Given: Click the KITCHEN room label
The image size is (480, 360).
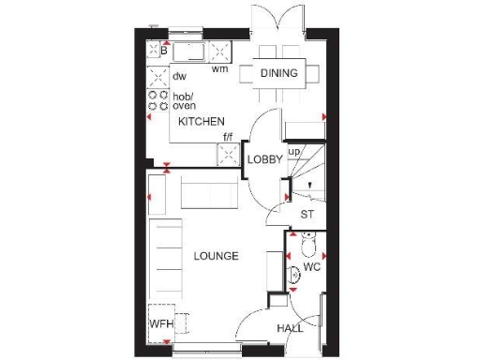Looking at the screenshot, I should point(202,122).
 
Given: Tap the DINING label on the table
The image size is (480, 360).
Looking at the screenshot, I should point(279,73).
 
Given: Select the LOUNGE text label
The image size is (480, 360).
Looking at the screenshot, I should point(216,256).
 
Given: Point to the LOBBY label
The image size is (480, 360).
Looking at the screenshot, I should point(265,159).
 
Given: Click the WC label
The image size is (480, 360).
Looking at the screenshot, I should point(313,266).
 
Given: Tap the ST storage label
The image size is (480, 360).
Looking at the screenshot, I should point(307,214).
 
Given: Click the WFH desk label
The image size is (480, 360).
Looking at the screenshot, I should point(162,324).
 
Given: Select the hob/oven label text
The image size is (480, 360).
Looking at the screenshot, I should point(184,100).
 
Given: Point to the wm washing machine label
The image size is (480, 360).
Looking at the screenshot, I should point(219,68).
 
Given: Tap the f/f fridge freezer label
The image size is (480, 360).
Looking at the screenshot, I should point(227,138).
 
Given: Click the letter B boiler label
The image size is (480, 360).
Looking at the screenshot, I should point(163,52).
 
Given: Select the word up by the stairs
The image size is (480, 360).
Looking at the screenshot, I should point(293,150).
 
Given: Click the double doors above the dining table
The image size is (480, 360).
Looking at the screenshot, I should point(277,21).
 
